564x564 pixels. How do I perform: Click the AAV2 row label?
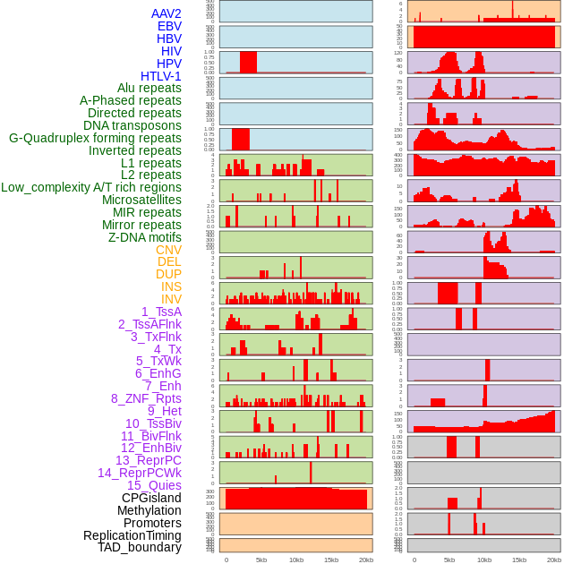(166, 13)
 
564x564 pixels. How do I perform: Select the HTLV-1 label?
(161, 76)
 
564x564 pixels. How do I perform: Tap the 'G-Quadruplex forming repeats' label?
(95, 138)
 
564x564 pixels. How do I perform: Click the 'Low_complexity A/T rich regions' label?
(91, 187)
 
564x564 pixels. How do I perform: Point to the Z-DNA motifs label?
(144, 237)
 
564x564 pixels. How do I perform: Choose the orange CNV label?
(168, 250)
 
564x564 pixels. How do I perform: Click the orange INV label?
(171, 299)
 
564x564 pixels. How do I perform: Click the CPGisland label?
(151, 498)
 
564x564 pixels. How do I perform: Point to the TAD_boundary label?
(140, 547)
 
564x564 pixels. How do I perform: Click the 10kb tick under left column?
(296, 560)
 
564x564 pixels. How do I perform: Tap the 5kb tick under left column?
(261, 560)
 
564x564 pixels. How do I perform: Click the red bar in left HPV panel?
(248, 62)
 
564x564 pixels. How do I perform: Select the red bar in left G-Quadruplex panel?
(241, 139)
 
